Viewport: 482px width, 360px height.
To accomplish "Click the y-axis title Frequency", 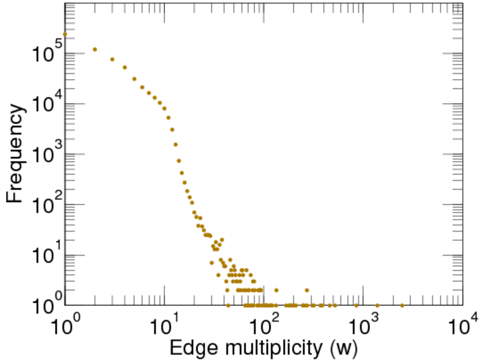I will click(16, 154).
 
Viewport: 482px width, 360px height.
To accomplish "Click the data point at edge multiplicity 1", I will click(64, 34).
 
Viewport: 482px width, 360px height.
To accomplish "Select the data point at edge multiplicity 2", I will click(94, 49).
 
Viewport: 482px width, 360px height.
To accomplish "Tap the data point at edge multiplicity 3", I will click(112, 59).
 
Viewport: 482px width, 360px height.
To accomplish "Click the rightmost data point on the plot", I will click(402, 305).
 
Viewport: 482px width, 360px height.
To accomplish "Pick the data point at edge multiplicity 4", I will click(125, 67).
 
